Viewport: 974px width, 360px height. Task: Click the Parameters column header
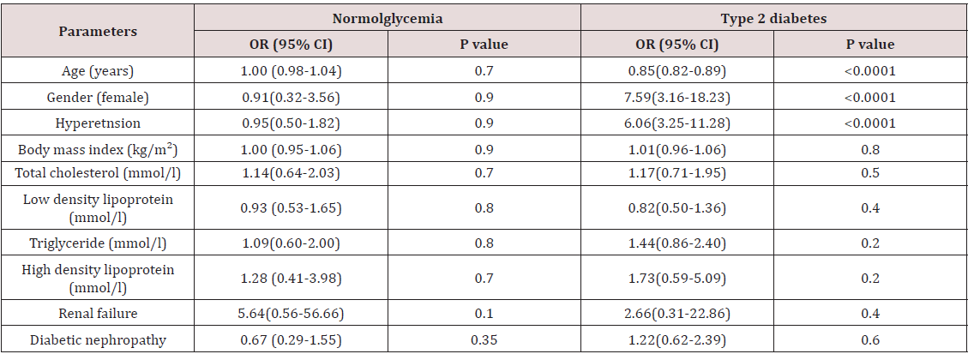pyautogui.click(x=98, y=31)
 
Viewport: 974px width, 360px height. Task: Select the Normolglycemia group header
pyautogui.click(x=387, y=17)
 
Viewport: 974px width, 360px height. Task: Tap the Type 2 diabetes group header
pyautogui.click(x=774, y=17)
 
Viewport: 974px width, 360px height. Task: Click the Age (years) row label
pyautogui.click(x=98, y=70)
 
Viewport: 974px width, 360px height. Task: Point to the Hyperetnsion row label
pyautogui.click(x=98, y=123)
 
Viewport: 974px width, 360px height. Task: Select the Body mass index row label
pyautogui.click(x=98, y=149)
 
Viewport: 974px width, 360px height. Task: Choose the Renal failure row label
pyautogui.click(x=98, y=314)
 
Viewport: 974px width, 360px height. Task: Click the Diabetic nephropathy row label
pyautogui.click(x=98, y=340)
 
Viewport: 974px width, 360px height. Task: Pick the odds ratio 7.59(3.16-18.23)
pyautogui.click(x=677, y=97)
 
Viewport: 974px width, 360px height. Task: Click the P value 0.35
pyautogui.click(x=484, y=340)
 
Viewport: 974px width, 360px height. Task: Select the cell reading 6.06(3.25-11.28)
pyautogui.click(x=677, y=123)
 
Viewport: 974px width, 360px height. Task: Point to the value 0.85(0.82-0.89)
pyautogui.click(x=677, y=70)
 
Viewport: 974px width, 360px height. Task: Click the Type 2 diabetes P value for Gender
pyautogui.click(x=871, y=97)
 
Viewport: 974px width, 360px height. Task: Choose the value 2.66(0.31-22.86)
pyautogui.click(x=677, y=314)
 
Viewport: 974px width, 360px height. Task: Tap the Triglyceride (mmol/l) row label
pyautogui.click(x=98, y=244)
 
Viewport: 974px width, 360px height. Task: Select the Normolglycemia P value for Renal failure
pyautogui.click(x=484, y=314)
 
